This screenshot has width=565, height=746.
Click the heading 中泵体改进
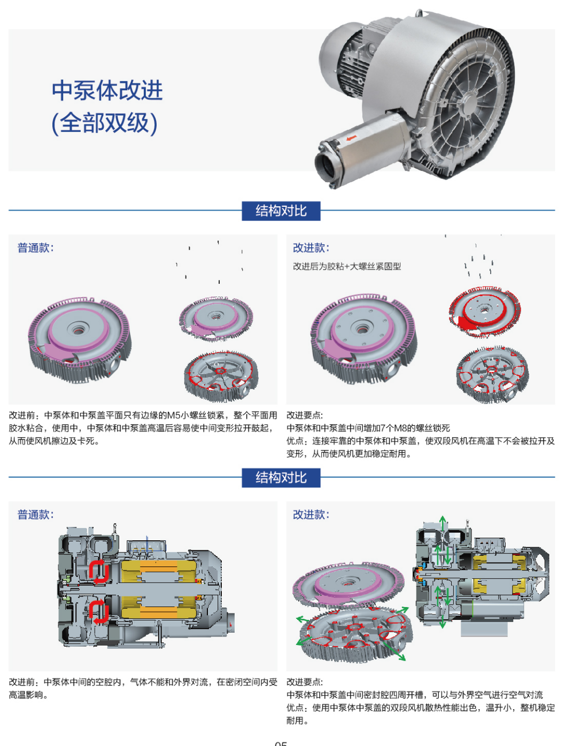(107, 90)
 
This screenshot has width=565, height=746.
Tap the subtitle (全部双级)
(104, 123)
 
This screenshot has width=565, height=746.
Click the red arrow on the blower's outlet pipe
(351, 139)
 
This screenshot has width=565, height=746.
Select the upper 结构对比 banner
(281, 211)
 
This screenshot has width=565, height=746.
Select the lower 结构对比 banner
(281, 478)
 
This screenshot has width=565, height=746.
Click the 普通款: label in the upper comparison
(35, 248)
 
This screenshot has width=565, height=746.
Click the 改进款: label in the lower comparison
(311, 515)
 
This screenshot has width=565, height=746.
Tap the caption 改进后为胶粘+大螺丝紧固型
(347, 266)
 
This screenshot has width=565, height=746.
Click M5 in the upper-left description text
(174, 415)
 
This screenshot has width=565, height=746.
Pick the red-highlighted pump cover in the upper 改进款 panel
(484, 312)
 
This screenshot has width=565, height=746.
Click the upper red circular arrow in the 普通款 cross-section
(99, 571)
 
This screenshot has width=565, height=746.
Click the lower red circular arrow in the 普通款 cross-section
(99, 611)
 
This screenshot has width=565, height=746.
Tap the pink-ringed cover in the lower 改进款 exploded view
(347, 585)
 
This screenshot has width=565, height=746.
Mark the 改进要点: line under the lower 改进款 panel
(305, 682)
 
